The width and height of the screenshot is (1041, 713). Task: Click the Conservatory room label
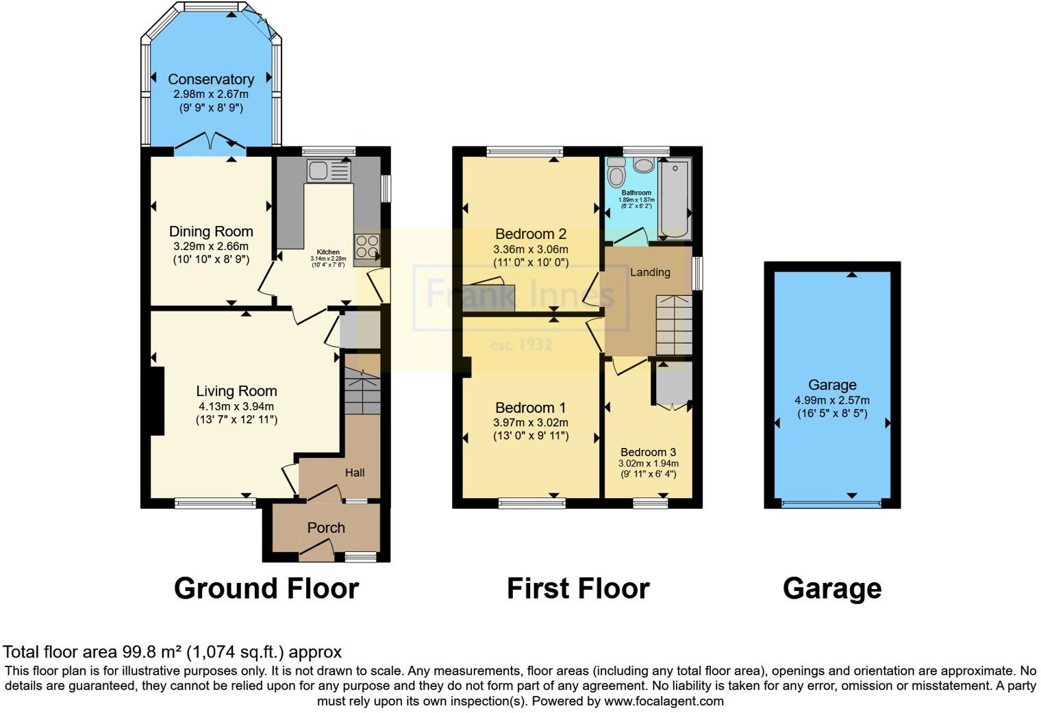211,79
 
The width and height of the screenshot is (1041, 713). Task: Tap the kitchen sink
328,171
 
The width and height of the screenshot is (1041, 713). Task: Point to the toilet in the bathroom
616,173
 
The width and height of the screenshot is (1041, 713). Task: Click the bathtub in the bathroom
675,199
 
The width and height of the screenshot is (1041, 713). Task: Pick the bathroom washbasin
644,164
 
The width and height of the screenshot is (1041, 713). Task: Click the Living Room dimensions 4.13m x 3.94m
236,406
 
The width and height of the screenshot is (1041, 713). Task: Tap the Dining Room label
211,232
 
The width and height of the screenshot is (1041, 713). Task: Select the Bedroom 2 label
531,234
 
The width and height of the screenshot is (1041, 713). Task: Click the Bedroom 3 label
648,452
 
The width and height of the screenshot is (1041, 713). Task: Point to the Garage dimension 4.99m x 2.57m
832,401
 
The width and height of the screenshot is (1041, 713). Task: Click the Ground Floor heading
266,588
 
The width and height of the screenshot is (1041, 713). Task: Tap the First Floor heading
578,588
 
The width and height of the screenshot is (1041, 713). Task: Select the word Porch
326,528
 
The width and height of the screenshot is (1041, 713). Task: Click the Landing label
650,273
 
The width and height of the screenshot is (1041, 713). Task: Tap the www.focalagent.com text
663,701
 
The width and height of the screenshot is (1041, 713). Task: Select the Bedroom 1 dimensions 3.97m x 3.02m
531,423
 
